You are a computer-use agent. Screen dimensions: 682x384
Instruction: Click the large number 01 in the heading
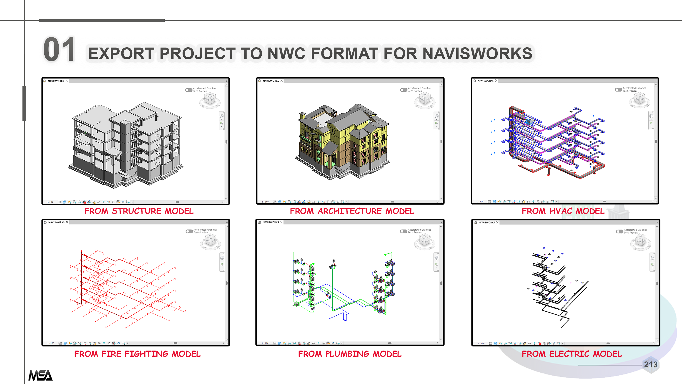(x=59, y=50)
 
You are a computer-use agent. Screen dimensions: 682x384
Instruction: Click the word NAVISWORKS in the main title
(x=477, y=53)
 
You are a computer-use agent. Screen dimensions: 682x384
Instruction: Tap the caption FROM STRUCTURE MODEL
(x=139, y=211)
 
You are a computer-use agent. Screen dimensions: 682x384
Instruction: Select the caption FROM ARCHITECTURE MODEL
(x=352, y=211)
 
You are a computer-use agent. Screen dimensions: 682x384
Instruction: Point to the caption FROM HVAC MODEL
(x=563, y=211)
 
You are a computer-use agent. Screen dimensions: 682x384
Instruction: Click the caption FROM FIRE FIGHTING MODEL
(x=137, y=354)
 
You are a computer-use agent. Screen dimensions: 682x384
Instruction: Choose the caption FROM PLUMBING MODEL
(x=350, y=354)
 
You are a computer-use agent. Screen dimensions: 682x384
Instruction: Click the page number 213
(x=650, y=365)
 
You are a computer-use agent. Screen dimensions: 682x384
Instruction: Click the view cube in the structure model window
(x=210, y=100)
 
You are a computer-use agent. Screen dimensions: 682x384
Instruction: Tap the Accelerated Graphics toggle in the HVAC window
(x=618, y=90)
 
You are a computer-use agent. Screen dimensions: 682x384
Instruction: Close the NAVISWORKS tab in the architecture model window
(x=282, y=81)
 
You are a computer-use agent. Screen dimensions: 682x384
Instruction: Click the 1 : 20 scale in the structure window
(x=50, y=202)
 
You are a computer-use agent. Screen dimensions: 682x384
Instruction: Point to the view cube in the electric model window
(x=640, y=241)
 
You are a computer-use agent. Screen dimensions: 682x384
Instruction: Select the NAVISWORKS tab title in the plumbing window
(x=271, y=222)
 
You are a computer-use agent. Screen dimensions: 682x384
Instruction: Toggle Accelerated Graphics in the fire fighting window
(x=189, y=231)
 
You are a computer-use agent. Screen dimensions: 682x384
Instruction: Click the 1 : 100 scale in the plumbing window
(x=265, y=343)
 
